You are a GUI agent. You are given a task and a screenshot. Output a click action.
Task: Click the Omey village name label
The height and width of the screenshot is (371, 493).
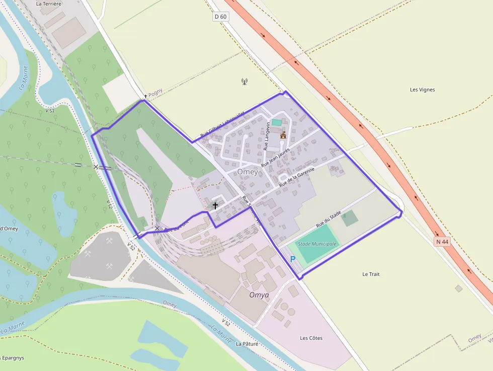pos(248,172)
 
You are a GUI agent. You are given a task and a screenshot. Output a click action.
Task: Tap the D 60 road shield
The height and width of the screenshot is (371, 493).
pos(220,17)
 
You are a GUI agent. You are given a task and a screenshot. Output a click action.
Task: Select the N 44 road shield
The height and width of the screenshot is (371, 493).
pos(442,242)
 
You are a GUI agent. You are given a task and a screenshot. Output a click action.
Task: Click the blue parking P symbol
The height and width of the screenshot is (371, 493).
pos(293,259)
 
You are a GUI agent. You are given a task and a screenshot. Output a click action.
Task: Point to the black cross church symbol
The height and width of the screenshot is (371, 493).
pos(215,205)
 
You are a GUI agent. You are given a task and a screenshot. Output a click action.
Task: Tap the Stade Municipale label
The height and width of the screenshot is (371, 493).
pos(317,244)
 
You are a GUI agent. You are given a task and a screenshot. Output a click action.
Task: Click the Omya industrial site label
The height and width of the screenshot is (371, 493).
pos(259,294)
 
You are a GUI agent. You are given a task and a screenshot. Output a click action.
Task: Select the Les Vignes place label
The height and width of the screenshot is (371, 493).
pos(422,90)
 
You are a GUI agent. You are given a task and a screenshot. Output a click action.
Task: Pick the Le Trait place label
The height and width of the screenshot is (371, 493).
pos(371,274)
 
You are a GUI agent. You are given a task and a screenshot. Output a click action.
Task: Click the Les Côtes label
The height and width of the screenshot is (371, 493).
pos(311,338)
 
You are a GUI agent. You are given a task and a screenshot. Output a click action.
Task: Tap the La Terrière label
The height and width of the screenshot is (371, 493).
pos(49,4)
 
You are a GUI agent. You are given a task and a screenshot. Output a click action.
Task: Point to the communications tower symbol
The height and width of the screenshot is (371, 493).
pos(244,82)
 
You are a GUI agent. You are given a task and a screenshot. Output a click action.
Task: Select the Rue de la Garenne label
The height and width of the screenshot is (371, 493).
pos(296,177)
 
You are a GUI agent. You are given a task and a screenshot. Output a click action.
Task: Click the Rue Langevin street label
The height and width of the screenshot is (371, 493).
pos(267,136)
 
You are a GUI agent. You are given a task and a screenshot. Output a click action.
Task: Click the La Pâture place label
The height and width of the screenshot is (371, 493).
pos(247,344)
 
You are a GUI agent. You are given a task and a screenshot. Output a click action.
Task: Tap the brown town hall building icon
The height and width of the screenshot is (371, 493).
pos(283,135)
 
